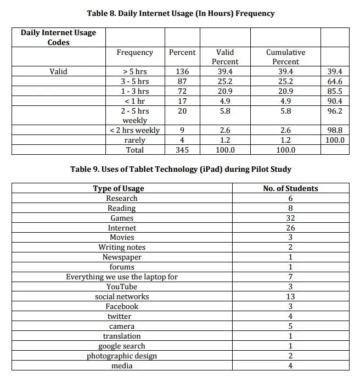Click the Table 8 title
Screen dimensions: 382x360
coord(181,13)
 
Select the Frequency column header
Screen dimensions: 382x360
coord(135,53)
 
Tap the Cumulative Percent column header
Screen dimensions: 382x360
coord(285,57)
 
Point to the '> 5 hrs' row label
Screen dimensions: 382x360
coord(135,71)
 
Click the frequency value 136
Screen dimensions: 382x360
coord(182,71)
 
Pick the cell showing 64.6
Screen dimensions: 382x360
coord(333,81)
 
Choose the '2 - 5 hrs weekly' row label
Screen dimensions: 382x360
coord(135,115)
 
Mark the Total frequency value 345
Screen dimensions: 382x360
coord(182,150)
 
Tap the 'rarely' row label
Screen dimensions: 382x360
coord(135,140)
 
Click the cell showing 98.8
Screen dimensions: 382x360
coord(333,130)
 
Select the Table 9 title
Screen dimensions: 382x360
coord(181,169)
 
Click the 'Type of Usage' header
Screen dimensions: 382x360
coord(122,188)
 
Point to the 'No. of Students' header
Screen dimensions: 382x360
coord(290,188)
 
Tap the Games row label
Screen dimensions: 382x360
coord(122,218)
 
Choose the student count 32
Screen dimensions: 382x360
coord(290,218)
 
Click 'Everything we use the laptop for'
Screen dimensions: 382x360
coord(122,277)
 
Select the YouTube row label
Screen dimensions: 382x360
coord(122,286)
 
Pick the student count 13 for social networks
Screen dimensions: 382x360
coord(290,296)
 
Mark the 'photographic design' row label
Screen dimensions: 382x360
coord(122,356)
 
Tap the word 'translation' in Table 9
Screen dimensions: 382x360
coord(122,336)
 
